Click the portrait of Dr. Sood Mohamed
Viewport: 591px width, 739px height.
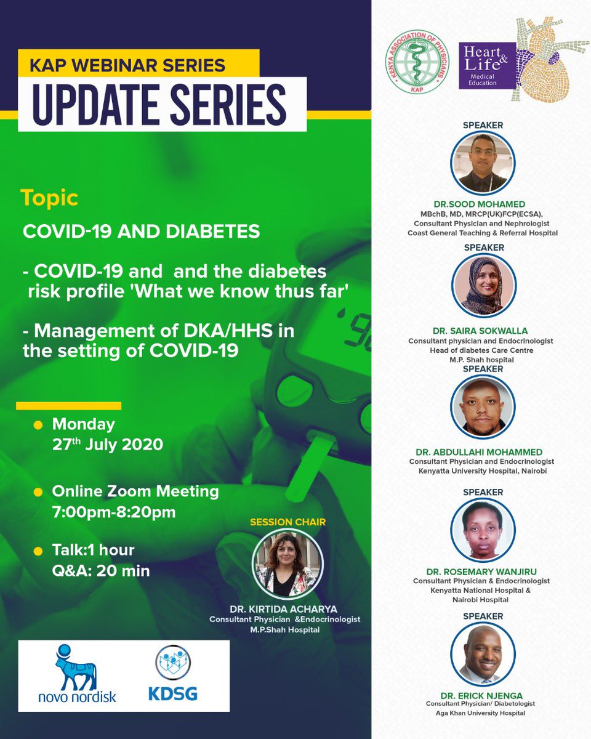pyautogui.click(x=483, y=162)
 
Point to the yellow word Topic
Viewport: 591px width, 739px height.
pyautogui.click(x=49, y=198)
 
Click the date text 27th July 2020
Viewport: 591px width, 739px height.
pyautogui.click(x=108, y=444)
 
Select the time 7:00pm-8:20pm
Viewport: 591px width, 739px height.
pyautogui.click(x=115, y=512)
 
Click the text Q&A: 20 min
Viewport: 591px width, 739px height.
pyautogui.click(x=101, y=570)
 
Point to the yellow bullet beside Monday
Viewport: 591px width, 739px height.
pyautogui.click(x=38, y=425)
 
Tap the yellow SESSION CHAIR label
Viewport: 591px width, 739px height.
pyautogui.click(x=287, y=522)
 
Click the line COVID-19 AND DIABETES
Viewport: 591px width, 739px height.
pyautogui.click(x=141, y=232)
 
